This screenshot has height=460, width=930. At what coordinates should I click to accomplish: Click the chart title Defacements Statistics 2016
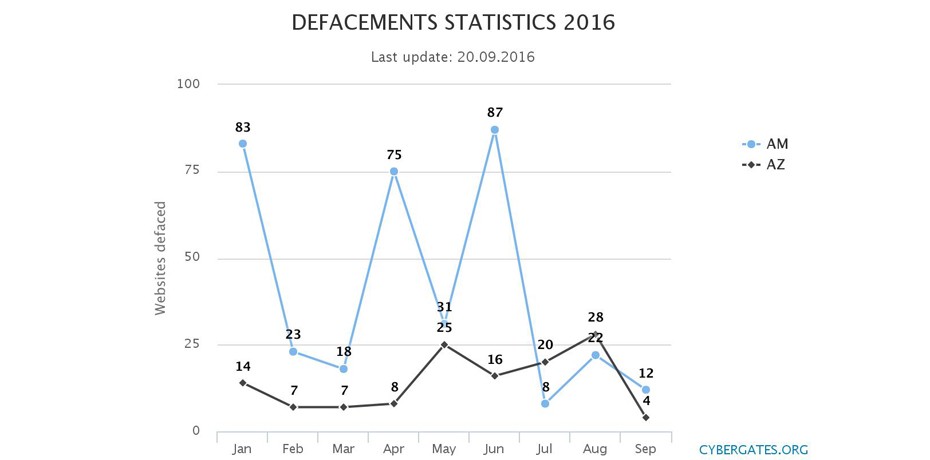(453, 22)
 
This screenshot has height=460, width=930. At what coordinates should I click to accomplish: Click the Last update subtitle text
(453, 57)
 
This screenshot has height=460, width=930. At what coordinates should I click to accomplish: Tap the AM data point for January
(243, 143)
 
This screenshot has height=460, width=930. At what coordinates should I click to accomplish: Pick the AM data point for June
(495, 130)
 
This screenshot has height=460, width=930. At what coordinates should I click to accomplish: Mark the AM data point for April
(394, 171)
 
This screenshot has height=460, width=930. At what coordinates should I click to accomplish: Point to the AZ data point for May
(444, 344)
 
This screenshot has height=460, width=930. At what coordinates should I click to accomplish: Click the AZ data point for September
(646, 417)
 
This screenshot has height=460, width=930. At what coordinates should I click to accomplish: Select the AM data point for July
(545, 403)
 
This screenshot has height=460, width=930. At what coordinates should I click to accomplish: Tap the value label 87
(495, 113)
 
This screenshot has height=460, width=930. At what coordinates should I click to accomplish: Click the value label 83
(243, 127)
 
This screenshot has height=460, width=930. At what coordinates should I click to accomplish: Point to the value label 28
(596, 317)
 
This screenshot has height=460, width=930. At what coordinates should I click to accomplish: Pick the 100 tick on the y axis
(189, 84)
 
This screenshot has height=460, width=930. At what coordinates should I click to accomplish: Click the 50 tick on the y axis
(192, 258)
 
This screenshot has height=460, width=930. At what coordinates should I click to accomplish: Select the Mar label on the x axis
(343, 449)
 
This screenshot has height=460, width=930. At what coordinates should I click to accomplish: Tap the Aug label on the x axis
(595, 449)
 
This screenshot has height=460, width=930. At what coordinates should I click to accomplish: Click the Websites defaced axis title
(160, 258)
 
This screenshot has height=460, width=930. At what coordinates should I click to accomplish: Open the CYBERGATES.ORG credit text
(753, 450)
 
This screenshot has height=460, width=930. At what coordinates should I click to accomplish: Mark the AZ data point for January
(243, 382)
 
